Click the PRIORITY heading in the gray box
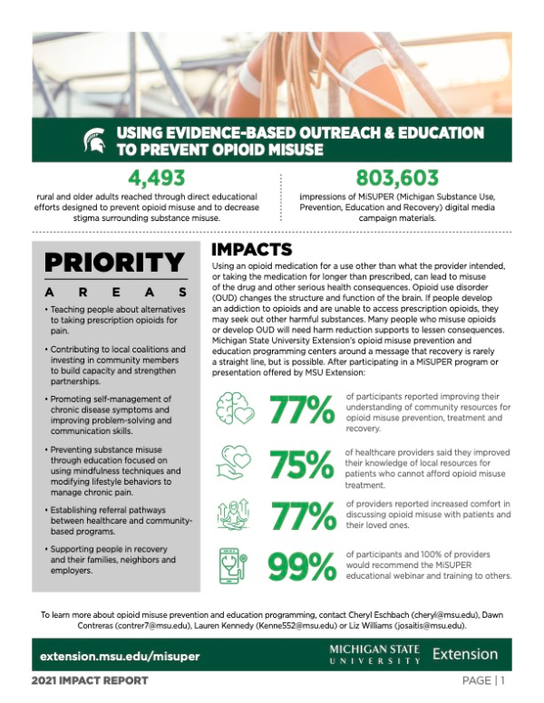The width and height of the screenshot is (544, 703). (114, 263)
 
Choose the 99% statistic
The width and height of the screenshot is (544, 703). (303, 568)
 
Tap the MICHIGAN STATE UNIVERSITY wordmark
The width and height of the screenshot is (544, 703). (374, 654)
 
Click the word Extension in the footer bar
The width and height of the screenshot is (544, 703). (465, 653)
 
